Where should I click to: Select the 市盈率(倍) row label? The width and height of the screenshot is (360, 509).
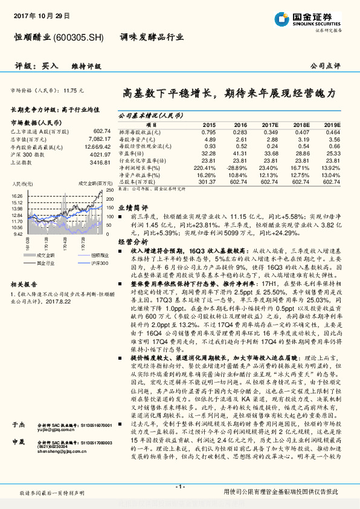(x=134, y=153)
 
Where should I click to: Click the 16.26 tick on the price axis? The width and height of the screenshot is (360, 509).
(x=17, y=196)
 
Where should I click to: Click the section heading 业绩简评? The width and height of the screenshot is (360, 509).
(x=131, y=206)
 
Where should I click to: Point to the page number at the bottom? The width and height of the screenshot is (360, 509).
(x=179, y=487)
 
